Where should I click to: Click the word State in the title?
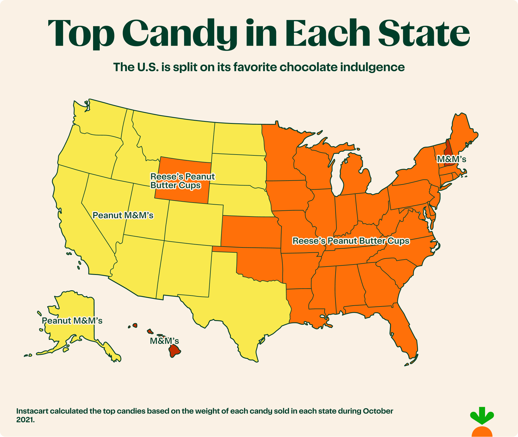click(x=424, y=33)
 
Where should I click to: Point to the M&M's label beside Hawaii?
click(x=164, y=341)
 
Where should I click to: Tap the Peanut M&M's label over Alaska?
click(x=72, y=321)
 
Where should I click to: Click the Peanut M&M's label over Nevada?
click(x=123, y=215)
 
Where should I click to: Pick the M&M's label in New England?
click(x=452, y=159)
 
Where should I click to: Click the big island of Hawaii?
click(x=174, y=351)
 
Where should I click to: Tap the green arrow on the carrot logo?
click(x=482, y=415)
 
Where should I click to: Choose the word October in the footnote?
click(x=378, y=411)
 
